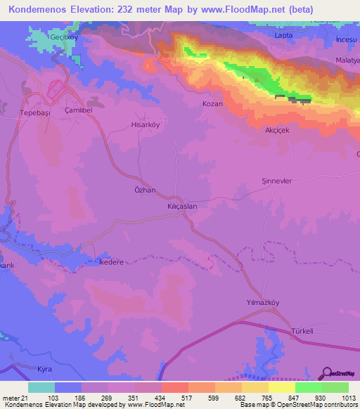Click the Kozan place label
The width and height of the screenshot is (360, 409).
click(x=212, y=103)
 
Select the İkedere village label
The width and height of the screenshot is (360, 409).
click(x=111, y=262)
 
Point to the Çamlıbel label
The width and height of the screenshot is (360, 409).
click(x=79, y=111)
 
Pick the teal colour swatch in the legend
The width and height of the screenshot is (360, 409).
click(x=41, y=387)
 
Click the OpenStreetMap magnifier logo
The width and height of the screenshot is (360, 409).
click(x=327, y=372)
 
